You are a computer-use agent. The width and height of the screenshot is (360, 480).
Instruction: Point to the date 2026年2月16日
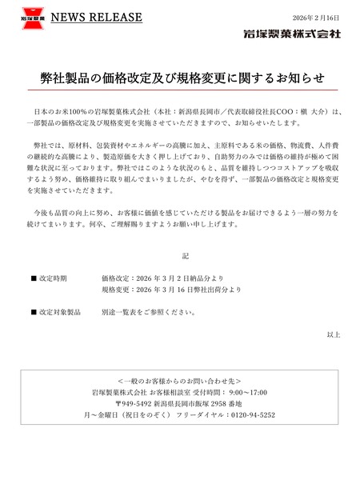tap(317, 18)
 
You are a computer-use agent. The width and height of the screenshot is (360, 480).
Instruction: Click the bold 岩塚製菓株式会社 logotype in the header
tap(293, 34)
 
